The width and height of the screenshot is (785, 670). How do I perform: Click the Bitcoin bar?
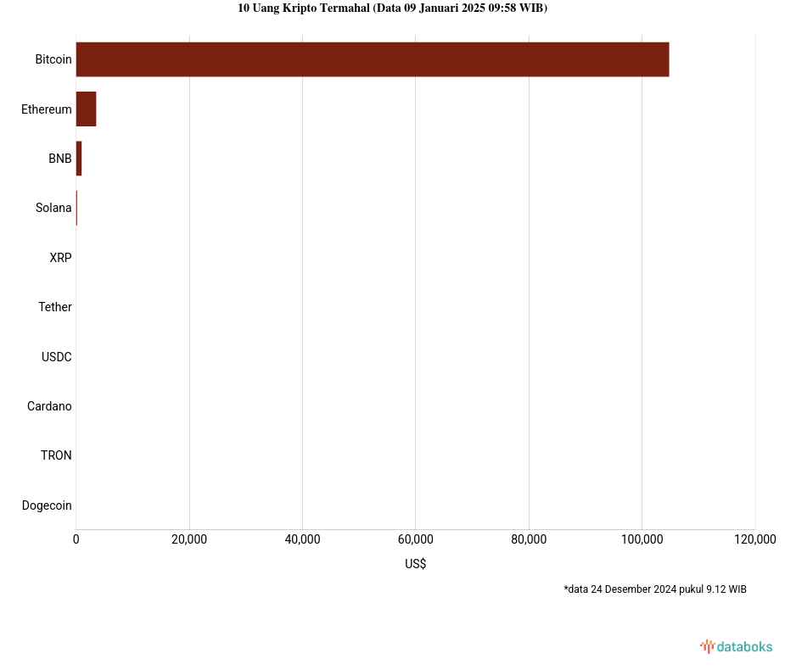coord(372,59)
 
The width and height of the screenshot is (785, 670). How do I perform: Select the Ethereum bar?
coord(86,109)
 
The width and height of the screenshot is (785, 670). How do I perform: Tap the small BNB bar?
coord(79,159)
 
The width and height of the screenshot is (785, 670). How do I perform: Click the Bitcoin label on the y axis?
coord(53,59)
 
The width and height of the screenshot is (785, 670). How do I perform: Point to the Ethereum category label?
coord(47,109)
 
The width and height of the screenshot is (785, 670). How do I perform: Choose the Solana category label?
coord(53,208)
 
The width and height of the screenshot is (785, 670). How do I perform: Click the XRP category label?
coord(60,258)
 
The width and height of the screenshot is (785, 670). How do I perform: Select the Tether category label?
coord(55,307)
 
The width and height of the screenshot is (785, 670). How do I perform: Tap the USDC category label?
coord(57,357)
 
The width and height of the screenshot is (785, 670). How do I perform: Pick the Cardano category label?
coord(49,406)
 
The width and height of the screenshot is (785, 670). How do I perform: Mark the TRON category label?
coord(56,455)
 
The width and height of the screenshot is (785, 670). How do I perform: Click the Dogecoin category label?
coord(47,505)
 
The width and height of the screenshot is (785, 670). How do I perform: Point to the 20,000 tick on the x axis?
coord(189,539)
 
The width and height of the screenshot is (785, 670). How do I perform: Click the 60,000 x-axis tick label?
coord(415,539)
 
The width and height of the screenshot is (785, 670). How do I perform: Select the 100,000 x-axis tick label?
coord(642,539)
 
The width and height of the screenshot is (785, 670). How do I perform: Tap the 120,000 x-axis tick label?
coord(754,539)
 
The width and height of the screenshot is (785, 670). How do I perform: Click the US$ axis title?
coord(415,564)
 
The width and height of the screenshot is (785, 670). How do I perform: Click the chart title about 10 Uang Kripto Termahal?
coord(392,8)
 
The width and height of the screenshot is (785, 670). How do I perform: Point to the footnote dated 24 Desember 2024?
coord(654,589)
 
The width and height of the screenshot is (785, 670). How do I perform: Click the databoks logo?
coord(737,647)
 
